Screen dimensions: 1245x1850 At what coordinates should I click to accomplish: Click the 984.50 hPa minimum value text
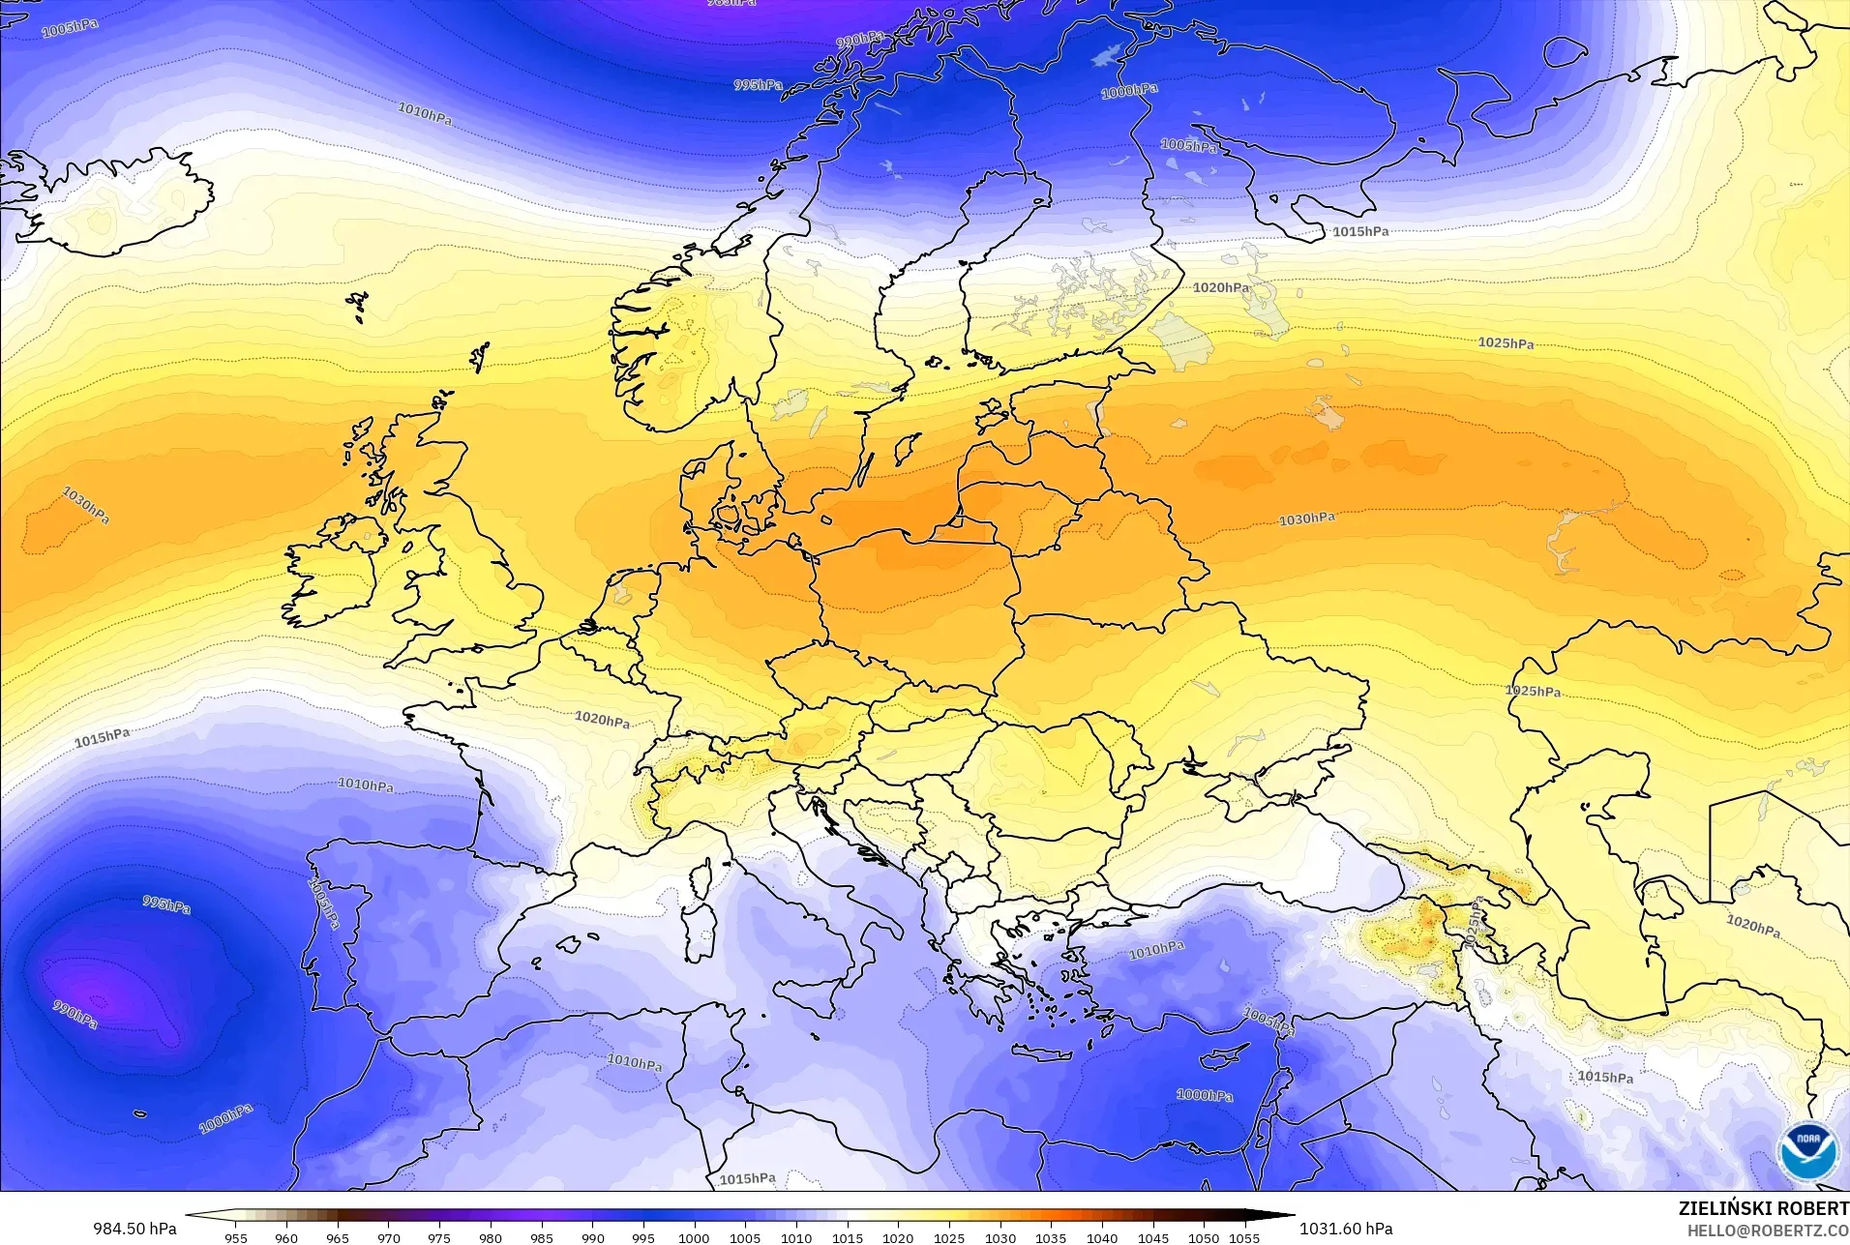pos(134,1229)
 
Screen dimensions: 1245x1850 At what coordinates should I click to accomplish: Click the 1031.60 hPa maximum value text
pos(1345,1229)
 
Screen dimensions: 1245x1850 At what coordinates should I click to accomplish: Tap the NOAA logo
pos(1807,1150)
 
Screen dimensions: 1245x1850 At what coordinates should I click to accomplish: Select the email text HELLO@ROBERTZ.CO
pos(1768,1230)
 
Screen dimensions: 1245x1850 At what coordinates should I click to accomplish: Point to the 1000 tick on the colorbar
pos(694,1237)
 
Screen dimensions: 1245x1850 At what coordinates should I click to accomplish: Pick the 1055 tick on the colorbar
pos(1244,1237)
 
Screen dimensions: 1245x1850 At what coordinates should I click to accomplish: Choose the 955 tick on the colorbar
pos(235,1237)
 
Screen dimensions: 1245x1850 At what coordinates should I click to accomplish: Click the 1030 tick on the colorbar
pos(1000,1237)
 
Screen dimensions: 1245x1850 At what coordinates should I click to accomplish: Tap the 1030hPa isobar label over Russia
pos(1306,519)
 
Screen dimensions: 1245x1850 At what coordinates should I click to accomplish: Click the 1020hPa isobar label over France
pos(602,720)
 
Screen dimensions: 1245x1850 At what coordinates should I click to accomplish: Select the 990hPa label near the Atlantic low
pos(75,1015)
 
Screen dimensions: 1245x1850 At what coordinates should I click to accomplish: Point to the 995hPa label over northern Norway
pos(758,85)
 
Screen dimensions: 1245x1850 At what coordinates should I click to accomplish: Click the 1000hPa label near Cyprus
pos(1205,1095)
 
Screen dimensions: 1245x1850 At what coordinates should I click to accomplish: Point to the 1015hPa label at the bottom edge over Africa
pos(747,1178)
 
